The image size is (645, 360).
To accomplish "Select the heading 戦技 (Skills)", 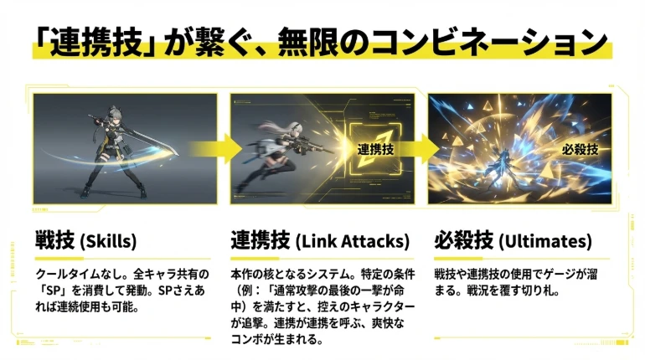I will click(85, 242).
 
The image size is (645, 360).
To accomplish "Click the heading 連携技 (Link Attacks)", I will click(321, 242).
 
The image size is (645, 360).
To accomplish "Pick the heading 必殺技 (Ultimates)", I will click(513, 242).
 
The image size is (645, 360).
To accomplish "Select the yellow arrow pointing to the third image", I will click(421, 149).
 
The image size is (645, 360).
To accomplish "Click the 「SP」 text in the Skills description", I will click(49, 291).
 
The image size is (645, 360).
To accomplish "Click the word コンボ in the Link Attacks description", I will click(250, 339).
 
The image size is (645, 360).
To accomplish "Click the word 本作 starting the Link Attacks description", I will click(241, 275).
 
